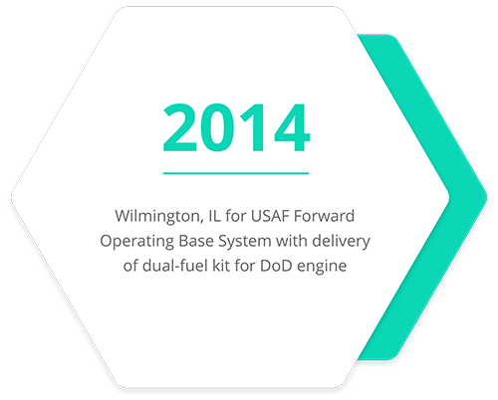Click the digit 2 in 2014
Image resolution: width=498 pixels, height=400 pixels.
click(x=179, y=127)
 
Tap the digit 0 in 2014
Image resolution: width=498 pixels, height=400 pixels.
click(x=218, y=127)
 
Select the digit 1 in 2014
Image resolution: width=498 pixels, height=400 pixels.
click(x=254, y=127)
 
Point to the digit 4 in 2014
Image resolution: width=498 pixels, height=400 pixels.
click(x=292, y=127)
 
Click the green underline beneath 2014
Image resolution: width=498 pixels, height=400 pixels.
click(x=236, y=173)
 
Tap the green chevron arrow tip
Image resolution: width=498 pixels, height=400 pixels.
click(x=486, y=198)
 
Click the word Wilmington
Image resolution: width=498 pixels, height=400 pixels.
click(x=158, y=217)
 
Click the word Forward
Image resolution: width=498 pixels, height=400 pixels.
click(x=325, y=216)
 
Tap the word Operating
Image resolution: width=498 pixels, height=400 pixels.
click(x=136, y=242)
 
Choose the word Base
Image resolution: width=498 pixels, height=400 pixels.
click(x=195, y=241)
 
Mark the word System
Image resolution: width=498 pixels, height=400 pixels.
click(x=244, y=242)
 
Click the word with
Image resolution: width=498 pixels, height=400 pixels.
click(x=291, y=241)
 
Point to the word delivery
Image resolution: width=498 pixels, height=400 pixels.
click(x=341, y=242)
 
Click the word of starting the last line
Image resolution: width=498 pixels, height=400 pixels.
click(x=130, y=266)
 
